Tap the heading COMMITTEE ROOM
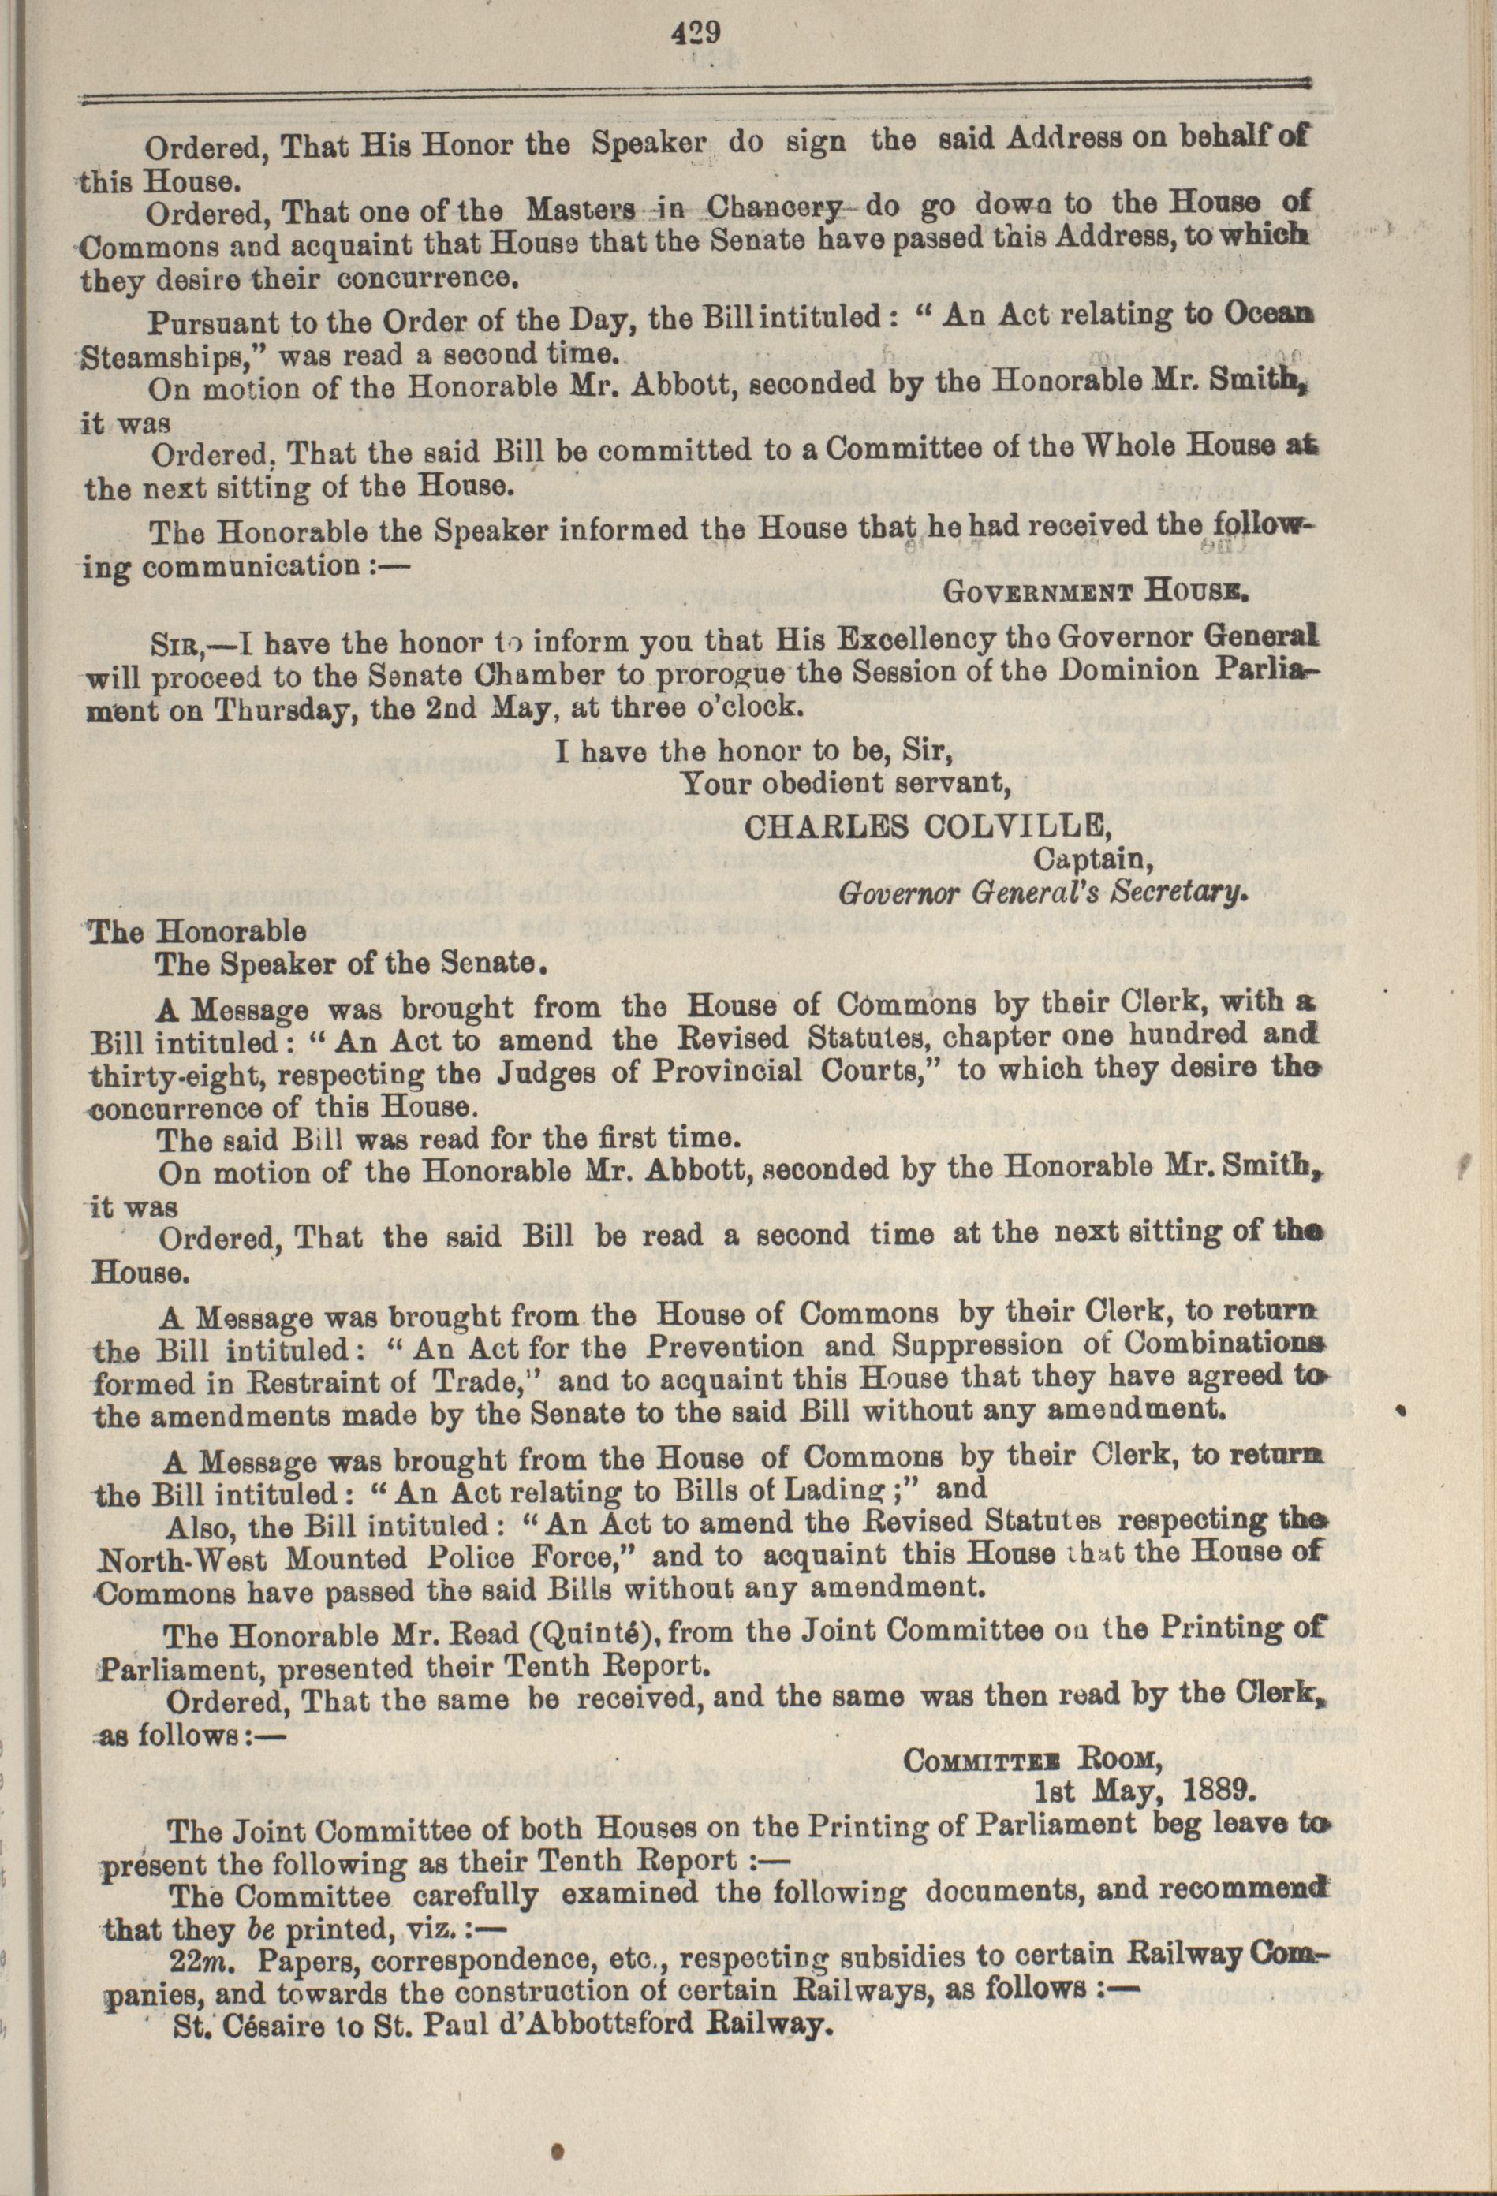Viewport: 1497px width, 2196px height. (x=1031, y=1759)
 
